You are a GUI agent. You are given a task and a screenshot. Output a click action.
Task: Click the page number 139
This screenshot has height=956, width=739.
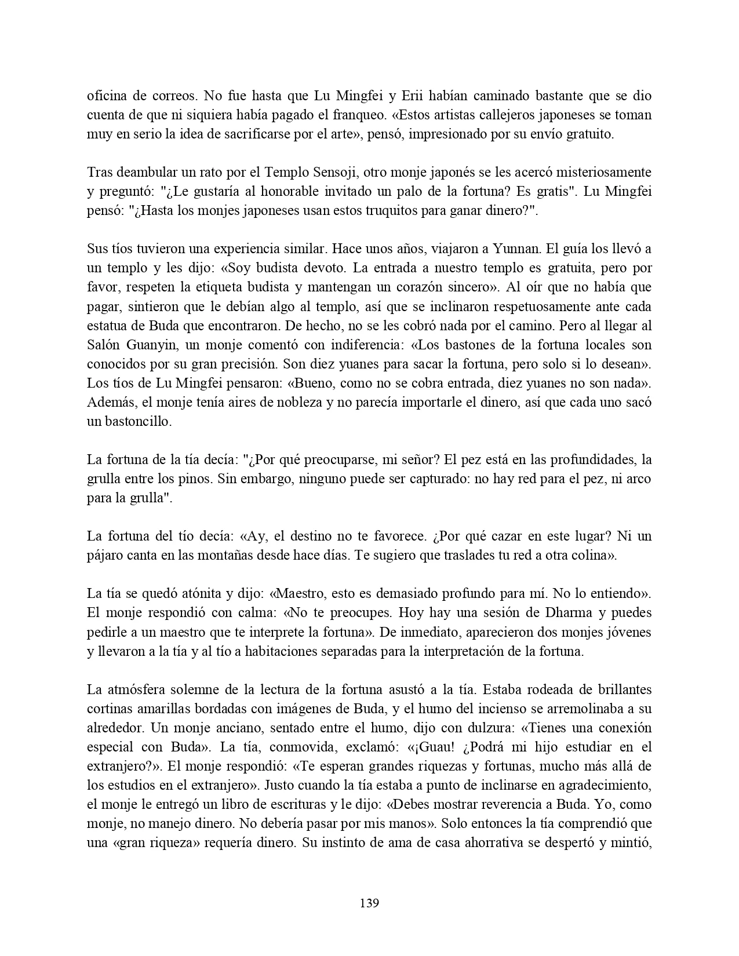369,903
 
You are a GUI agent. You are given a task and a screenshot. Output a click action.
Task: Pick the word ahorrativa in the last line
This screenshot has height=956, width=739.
492,842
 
